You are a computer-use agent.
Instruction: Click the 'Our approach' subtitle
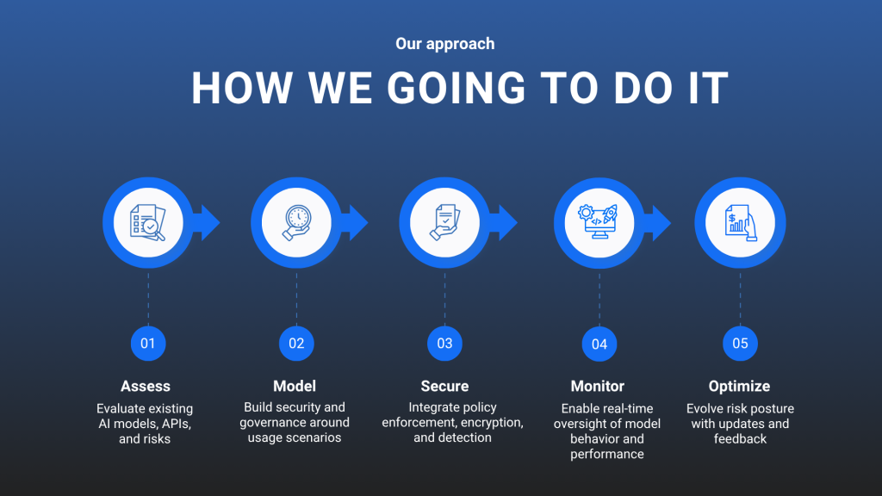tap(445, 44)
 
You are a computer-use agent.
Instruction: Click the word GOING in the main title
tap(457, 89)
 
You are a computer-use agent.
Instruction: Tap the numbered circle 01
tap(148, 344)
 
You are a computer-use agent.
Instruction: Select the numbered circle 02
tap(296, 344)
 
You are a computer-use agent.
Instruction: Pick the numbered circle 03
tap(444, 344)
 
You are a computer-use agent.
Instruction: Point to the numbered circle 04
tap(599, 344)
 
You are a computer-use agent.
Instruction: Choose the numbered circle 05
tap(740, 344)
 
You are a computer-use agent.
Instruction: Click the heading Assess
tap(145, 387)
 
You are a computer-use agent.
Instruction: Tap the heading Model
tap(295, 387)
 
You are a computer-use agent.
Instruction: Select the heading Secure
tap(444, 387)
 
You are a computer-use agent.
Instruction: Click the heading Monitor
tap(598, 387)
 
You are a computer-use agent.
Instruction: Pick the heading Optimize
tap(739, 387)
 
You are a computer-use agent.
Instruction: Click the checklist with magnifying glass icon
tap(148, 223)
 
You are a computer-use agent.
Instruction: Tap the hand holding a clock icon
tap(296, 223)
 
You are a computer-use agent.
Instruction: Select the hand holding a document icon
tap(445, 223)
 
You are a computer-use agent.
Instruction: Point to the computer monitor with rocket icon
tap(599, 222)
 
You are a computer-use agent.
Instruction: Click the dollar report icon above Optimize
tap(740, 223)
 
